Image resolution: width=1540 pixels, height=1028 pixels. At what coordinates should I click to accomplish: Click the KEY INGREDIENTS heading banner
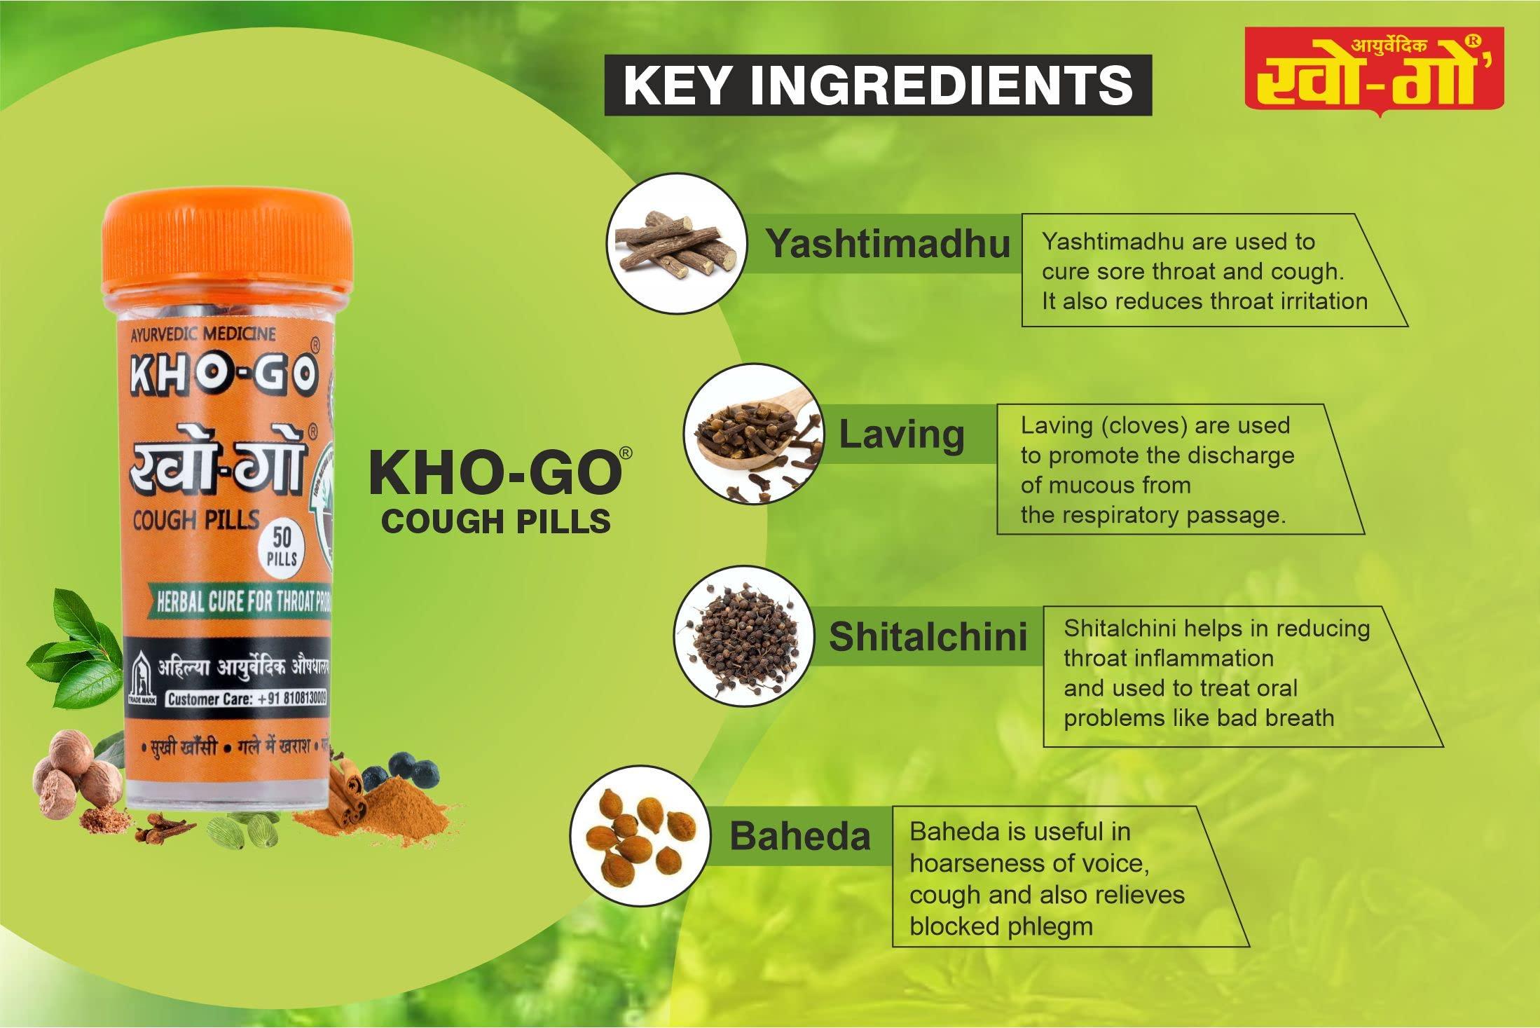[x=877, y=85]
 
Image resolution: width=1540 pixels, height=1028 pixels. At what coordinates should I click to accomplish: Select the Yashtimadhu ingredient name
[x=887, y=244]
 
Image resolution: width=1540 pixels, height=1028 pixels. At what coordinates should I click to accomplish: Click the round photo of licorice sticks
[x=676, y=243]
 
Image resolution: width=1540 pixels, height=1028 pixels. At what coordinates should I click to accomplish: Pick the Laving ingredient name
[x=902, y=434]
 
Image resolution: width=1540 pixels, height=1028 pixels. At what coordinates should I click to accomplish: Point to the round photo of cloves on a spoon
[x=752, y=434]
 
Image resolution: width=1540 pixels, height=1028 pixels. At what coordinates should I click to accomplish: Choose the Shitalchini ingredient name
[x=928, y=636]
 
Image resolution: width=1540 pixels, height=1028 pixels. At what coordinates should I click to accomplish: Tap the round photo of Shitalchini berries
[x=743, y=636]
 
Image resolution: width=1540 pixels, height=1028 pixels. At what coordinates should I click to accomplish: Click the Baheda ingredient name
[x=799, y=836]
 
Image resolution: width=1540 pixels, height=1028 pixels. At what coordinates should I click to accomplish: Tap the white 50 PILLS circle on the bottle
[x=282, y=547]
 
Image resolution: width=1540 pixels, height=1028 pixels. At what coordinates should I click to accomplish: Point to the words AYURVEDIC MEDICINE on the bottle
[x=203, y=335]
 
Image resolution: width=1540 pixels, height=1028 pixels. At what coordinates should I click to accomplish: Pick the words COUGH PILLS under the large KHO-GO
[x=496, y=522]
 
